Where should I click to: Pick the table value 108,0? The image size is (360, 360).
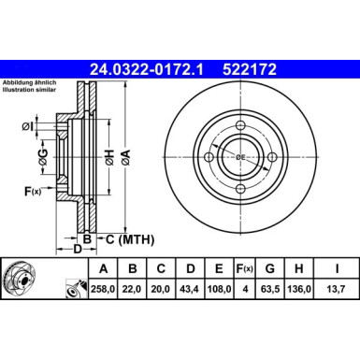click(x=220, y=290)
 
